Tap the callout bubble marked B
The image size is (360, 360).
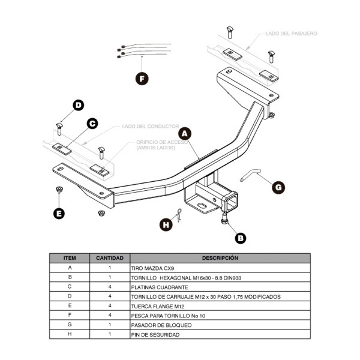tap(241, 238)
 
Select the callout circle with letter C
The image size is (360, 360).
tap(92, 124)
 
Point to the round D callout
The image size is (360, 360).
tap(79, 106)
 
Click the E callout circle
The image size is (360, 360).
tap(59, 212)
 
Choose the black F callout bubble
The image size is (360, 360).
tap(141, 78)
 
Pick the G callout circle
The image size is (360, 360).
tap(278, 187)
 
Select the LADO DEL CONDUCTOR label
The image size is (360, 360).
tap(150, 127)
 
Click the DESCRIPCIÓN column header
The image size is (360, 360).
tap(220, 258)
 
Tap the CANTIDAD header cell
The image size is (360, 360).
tap(110, 258)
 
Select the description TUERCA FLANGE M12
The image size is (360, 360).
tap(157, 305)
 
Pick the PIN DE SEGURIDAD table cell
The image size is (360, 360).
tap(155, 334)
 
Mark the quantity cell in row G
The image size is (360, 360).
tap(110, 325)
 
